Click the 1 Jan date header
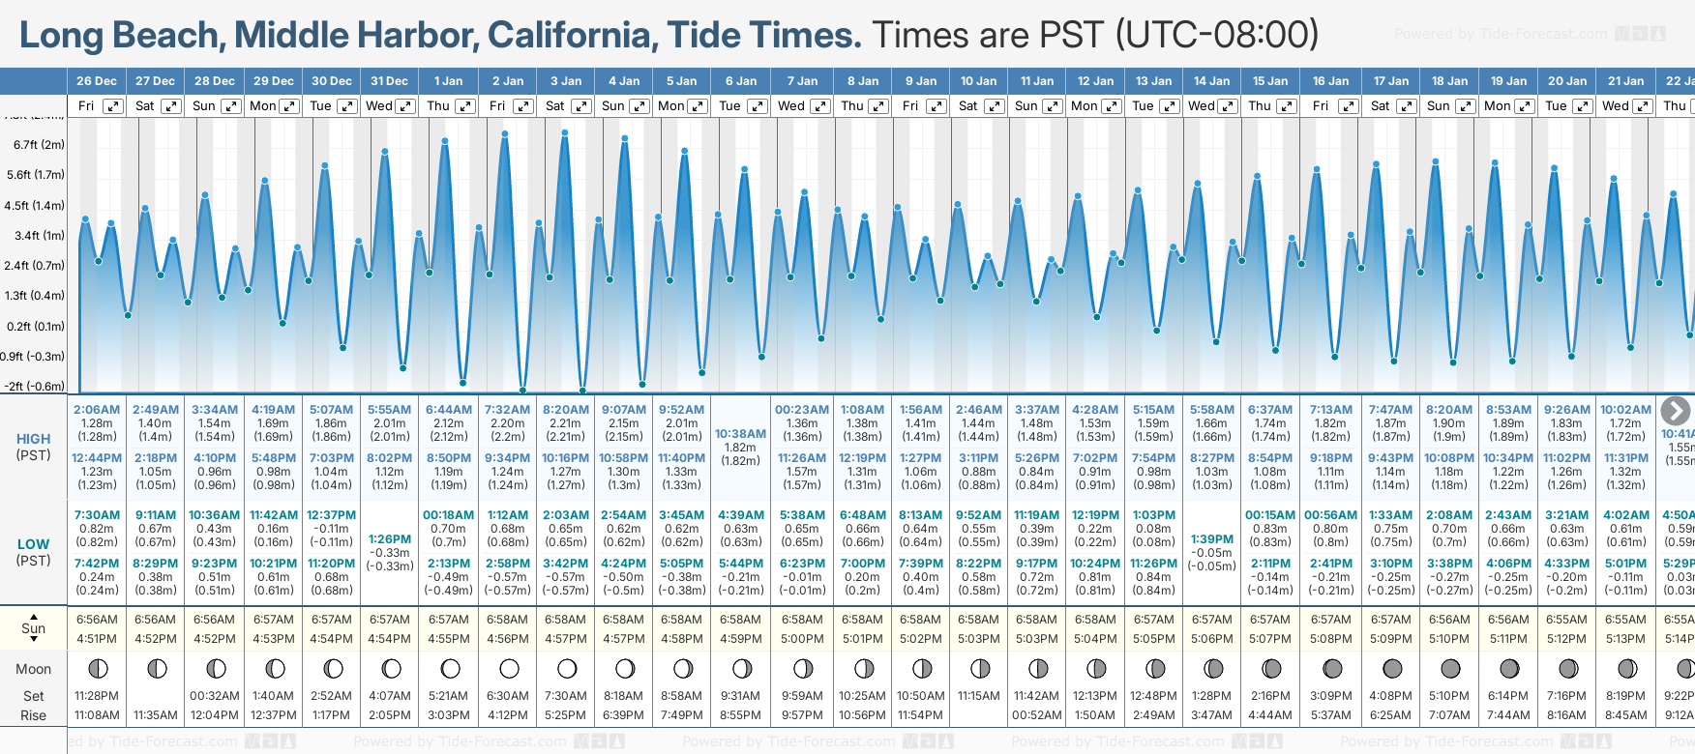448,81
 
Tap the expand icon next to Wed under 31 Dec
405,106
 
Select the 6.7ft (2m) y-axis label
39,145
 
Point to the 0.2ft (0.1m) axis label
36,327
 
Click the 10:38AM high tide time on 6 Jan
740,434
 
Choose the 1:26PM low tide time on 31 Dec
390,539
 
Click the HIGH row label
34,439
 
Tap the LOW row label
34,544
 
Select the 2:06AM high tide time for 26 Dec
97,410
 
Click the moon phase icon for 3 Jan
567,668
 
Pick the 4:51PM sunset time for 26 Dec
97,639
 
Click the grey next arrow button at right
1675,411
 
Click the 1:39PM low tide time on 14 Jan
1212,539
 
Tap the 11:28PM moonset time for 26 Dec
97,696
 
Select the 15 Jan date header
1270,81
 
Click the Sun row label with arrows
34,628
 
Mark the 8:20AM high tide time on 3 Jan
566,410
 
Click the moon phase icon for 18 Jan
1450,668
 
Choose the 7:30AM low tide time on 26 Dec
97,515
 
